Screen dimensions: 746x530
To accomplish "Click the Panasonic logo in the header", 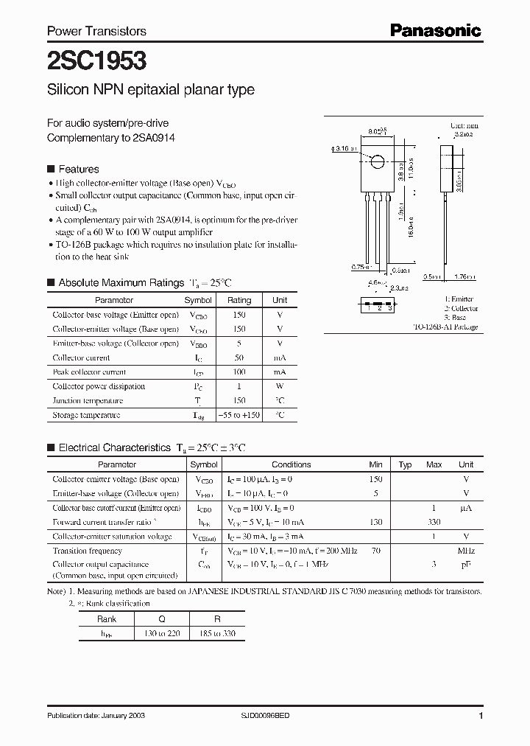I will pyautogui.click(x=435, y=31).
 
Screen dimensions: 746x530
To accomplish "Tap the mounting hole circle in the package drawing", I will pyautogui.click(x=377, y=162).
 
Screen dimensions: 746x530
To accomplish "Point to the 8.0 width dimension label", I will pyautogui.click(x=377, y=130).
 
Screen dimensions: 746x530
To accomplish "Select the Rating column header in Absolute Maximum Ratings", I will pyautogui.click(x=239, y=300).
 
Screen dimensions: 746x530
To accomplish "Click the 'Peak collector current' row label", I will pyautogui.click(x=90, y=372).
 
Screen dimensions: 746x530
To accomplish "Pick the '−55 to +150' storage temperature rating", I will pyautogui.click(x=239, y=415).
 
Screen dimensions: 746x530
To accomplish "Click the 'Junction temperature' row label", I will pyautogui.click(x=88, y=401).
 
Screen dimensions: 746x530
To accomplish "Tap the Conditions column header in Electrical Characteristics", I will pyautogui.click(x=291, y=464).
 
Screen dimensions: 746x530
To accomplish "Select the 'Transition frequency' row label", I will pyautogui.click(x=88, y=551).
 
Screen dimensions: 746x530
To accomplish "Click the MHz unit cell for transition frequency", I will pyautogui.click(x=466, y=551).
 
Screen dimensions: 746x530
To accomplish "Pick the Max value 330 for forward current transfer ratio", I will pyautogui.click(x=434, y=522).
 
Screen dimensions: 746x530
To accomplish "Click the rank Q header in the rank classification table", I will pyautogui.click(x=162, y=619).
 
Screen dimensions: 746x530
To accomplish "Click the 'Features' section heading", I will pyautogui.click(x=78, y=169).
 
